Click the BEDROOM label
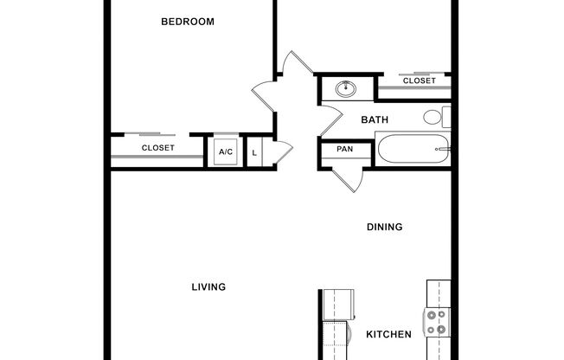188,22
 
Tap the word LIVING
208,286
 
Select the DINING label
385,228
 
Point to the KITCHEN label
388,334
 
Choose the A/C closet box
226,151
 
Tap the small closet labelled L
254,152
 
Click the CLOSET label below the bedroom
158,148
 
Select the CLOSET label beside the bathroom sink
420,80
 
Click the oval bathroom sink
347,87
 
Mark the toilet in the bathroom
436,117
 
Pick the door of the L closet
275,148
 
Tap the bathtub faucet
444,149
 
